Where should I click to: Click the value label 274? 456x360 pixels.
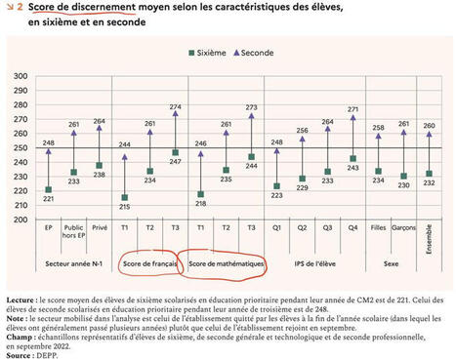(x=176, y=106)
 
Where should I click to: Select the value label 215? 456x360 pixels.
(x=124, y=207)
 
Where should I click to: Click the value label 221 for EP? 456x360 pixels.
(x=49, y=199)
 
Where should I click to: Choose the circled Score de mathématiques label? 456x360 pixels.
(x=227, y=264)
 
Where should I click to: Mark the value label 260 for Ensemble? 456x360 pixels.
(x=429, y=126)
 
